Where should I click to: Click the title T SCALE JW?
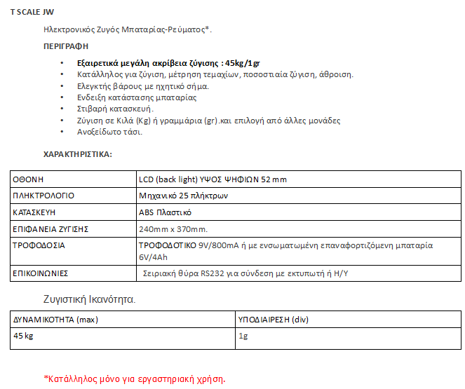point(30,13)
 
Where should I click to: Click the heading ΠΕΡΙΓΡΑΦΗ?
point(66,46)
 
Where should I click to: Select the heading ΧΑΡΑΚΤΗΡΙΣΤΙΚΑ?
point(78,153)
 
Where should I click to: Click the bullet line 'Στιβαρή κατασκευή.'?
point(116,109)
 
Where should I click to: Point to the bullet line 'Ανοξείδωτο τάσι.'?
point(110,132)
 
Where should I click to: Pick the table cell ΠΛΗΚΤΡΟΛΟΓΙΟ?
point(43,196)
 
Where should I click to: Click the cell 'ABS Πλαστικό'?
point(166,212)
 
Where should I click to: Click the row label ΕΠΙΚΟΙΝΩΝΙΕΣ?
point(41,273)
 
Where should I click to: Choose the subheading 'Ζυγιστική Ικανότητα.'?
point(89,299)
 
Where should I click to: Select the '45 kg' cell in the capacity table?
point(24,336)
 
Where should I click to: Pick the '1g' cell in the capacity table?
point(244,336)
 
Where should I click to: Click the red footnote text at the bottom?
point(134,379)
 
